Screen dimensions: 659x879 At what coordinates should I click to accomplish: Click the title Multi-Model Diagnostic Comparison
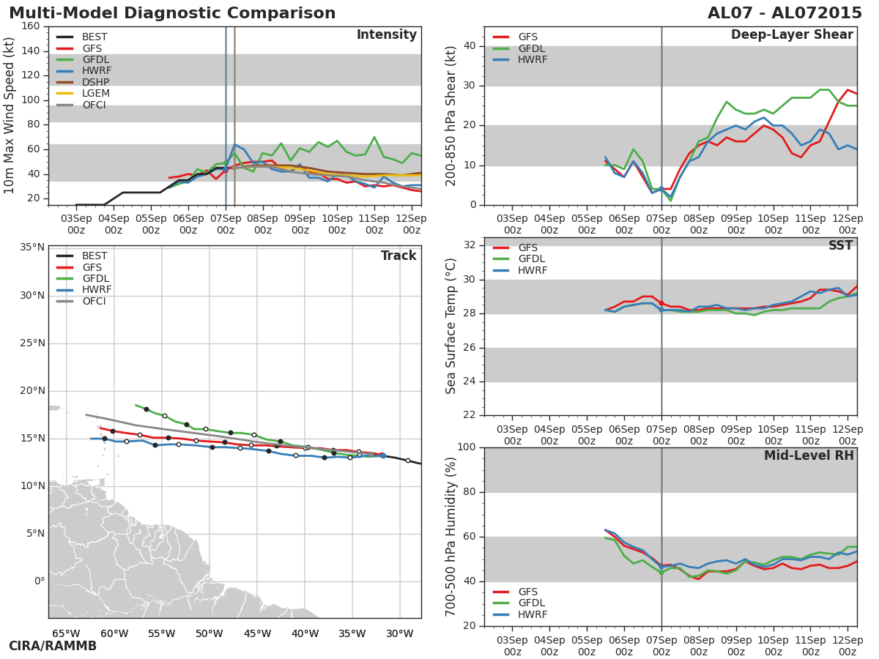[172, 13]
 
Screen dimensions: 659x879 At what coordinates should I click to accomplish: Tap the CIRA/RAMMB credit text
[53, 646]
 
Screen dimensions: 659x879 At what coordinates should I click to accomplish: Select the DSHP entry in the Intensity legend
[95, 83]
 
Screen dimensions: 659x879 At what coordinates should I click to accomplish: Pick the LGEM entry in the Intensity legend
[95, 94]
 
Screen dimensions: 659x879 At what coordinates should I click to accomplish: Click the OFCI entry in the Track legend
[94, 302]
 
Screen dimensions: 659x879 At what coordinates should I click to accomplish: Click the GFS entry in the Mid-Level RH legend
[527, 592]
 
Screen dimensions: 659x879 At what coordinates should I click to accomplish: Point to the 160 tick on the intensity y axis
[31, 26]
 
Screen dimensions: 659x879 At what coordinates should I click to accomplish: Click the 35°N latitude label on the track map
[31, 247]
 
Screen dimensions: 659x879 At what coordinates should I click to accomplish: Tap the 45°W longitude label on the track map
[257, 633]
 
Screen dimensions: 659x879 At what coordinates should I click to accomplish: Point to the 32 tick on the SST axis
[469, 245]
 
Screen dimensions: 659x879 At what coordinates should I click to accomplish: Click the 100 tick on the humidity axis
[466, 447]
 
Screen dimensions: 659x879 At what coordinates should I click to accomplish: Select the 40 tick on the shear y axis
[469, 46]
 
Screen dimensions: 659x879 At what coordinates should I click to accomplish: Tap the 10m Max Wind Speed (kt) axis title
[10, 116]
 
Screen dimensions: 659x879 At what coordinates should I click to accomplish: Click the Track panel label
[398, 256]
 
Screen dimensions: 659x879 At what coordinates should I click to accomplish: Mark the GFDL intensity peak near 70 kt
[374, 137]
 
